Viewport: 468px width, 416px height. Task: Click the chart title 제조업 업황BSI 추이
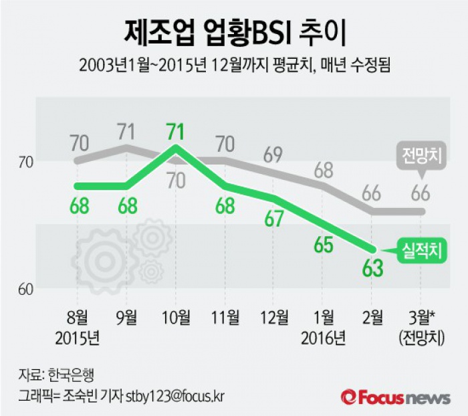(x=234, y=31)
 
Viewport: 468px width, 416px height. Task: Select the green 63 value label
(x=372, y=268)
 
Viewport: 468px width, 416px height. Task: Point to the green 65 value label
(x=323, y=245)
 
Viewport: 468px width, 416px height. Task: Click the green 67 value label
(x=273, y=219)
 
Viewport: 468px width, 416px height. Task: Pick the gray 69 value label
(x=273, y=155)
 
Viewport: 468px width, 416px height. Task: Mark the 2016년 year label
(x=323, y=338)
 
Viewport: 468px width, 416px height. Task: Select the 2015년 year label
(x=79, y=338)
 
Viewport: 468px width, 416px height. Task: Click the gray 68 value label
(x=323, y=168)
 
